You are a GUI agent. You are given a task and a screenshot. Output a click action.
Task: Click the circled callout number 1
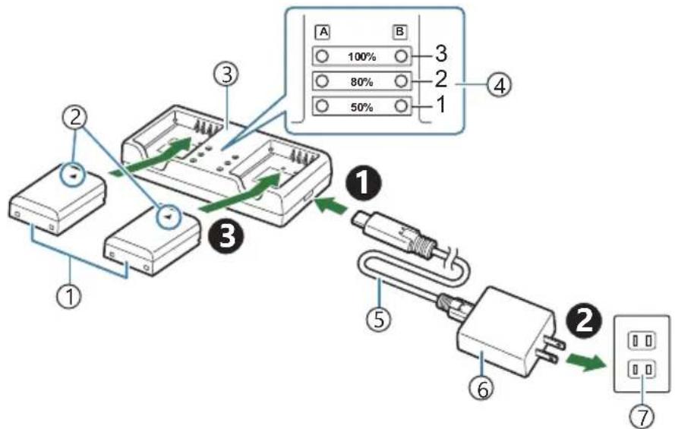click(x=69, y=294)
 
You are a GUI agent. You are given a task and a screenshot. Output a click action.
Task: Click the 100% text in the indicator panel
click(x=362, y=56)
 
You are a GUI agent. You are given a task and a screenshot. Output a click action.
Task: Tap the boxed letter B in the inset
click(x=399, y=33)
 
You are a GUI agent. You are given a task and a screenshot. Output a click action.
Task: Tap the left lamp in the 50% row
click(x=322, y=106)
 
